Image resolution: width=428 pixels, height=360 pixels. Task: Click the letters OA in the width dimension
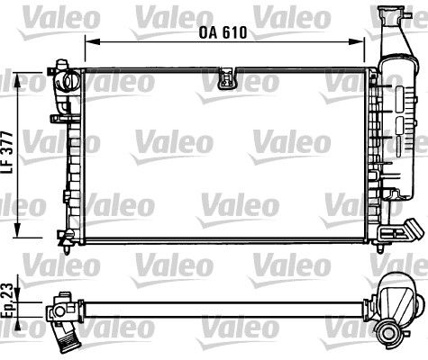(x=208, y=31)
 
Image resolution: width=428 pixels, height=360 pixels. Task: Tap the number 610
(x=234, y=31)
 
